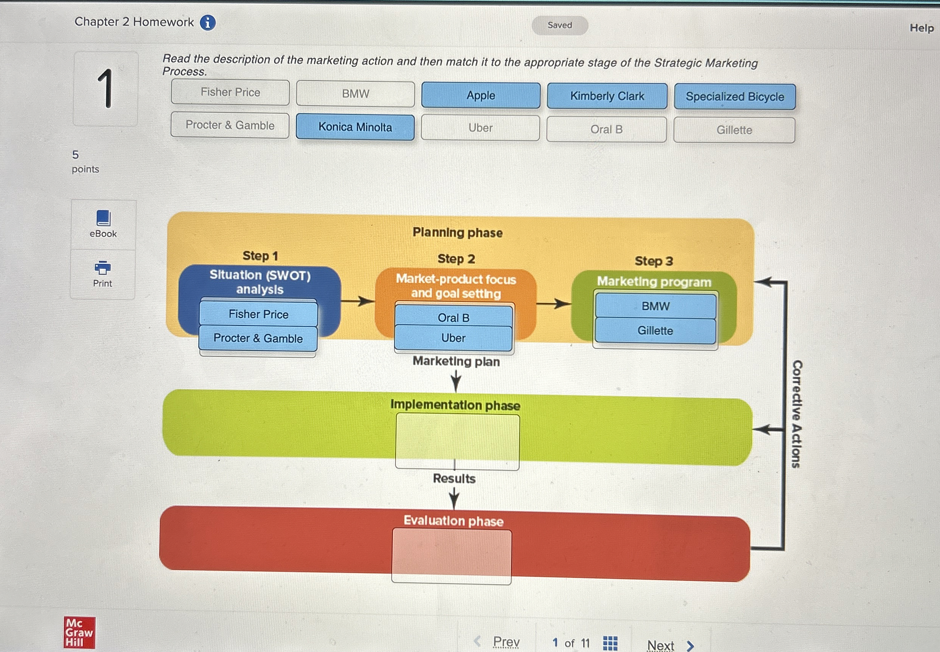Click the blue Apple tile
click(x=481, y=95)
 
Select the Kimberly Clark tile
click(x=607, y=97)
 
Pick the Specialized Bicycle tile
click(x=734, y=97)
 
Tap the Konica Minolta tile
click(x=355, y=127)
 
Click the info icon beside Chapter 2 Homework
click(x=208, y=23)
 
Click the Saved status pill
click(x=560, y=25)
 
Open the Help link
click(x=921, y=28)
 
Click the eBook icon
click(x=103, y=219)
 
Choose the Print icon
click(x=103, y=268)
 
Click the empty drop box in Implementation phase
click(x=457, y=441)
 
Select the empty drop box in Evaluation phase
click(x=451, y=557)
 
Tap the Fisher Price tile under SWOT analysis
click(x=258, y=314)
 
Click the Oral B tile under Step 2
click(x=453, y=317)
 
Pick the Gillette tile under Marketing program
click(x=655, y=330)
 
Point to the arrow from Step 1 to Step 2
click(x=358, y=301)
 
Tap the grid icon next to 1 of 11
click(x=610, y=643)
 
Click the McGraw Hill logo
click(x=79, y=632)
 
